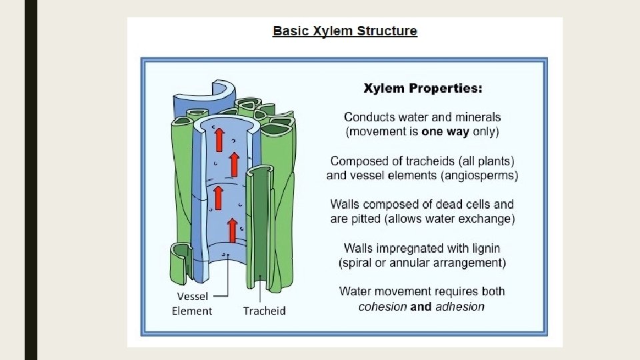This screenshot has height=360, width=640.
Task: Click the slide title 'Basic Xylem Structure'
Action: [x=345, y=31]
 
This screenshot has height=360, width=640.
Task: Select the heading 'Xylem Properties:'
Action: [x=423, y=88]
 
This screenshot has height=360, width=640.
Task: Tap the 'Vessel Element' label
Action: [x=192, y=303]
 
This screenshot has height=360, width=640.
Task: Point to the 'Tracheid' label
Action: [x=264, y=311]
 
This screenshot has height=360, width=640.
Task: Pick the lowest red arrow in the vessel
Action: [x=232, y=230]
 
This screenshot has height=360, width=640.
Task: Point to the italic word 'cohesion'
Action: [x=383, y=307]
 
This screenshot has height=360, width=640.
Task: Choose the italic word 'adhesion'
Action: [x=459, y=307]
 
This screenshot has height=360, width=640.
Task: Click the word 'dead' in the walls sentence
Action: [x=436, y=204]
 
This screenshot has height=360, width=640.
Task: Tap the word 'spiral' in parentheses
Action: [x=359, y=263]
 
